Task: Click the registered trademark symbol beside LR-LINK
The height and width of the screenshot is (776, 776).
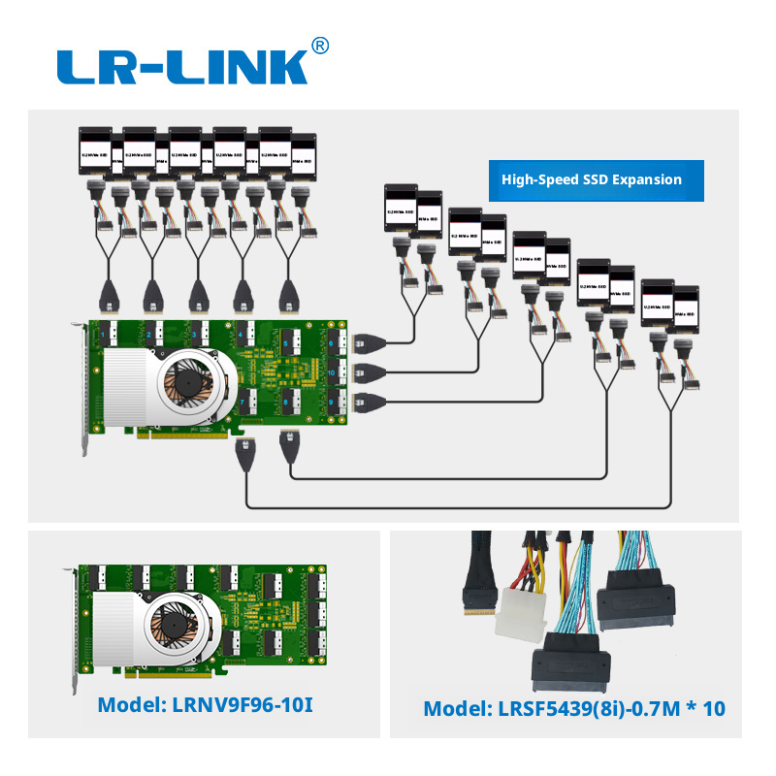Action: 320,46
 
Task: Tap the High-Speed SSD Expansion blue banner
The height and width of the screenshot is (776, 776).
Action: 591,179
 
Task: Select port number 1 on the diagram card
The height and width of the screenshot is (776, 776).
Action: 106,335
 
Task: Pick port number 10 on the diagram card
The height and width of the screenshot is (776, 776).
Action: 333,372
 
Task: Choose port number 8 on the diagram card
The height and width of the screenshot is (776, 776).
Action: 288,402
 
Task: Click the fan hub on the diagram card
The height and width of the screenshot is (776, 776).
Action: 189,381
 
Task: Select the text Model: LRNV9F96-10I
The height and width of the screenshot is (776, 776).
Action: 205,705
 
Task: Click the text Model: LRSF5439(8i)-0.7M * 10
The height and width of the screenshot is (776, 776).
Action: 573,709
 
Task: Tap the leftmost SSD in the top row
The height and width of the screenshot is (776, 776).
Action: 96,151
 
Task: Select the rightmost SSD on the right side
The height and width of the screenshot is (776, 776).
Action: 686,308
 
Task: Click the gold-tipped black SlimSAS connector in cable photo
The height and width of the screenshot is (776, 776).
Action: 481,592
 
